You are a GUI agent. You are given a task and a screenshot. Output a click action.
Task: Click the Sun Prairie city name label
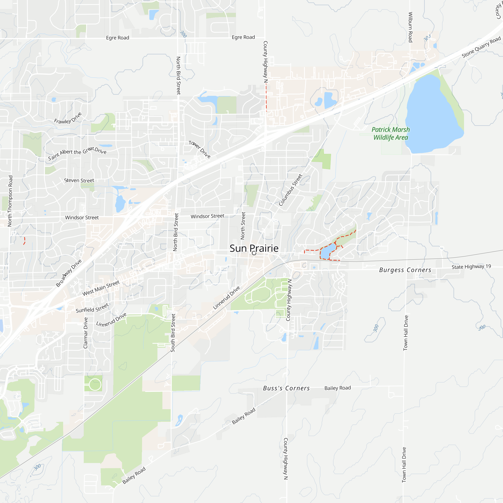pos(254,248)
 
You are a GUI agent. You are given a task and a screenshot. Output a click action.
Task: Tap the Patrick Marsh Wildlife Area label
pos(391,134)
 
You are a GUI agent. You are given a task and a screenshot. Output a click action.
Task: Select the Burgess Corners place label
pos(405,270)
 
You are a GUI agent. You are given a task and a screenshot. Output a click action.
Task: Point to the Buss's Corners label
pos(286,388)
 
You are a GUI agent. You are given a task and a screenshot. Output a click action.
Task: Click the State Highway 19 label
pos(471,267)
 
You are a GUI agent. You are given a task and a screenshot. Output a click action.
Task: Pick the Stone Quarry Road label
pos(481,47)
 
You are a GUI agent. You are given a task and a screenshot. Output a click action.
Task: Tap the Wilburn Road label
pos(410,27)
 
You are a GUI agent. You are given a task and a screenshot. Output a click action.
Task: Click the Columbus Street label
pos(290,190)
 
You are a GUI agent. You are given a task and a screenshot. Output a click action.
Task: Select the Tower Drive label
pos(200,149)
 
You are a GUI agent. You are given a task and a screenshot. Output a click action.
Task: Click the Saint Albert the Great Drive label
pos(77,153)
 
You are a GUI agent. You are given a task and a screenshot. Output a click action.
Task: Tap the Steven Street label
pos(79,180)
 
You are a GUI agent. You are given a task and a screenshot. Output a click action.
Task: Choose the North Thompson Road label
pos(10,201)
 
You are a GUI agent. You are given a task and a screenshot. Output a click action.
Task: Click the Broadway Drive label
pos(69,273)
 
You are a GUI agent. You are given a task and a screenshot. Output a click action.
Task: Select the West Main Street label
pos(101,288)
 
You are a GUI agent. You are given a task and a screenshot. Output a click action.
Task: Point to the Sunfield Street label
pos(92,308)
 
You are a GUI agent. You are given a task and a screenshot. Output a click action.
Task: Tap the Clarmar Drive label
pos(86,333)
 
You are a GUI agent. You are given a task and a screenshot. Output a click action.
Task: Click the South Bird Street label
pos(173,333)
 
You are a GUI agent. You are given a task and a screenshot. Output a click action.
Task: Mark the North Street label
pos(243,226)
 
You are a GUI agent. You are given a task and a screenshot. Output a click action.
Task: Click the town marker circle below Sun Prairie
pos(254,253)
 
